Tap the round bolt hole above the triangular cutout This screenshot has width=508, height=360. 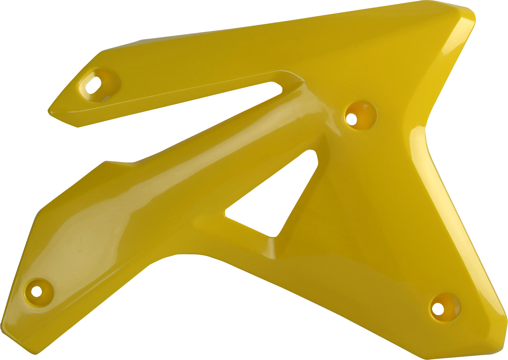352,119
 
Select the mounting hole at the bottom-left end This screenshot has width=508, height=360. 36,291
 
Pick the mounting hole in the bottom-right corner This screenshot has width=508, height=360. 438,308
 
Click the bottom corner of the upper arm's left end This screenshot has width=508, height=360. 78,127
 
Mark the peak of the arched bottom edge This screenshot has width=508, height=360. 183,254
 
